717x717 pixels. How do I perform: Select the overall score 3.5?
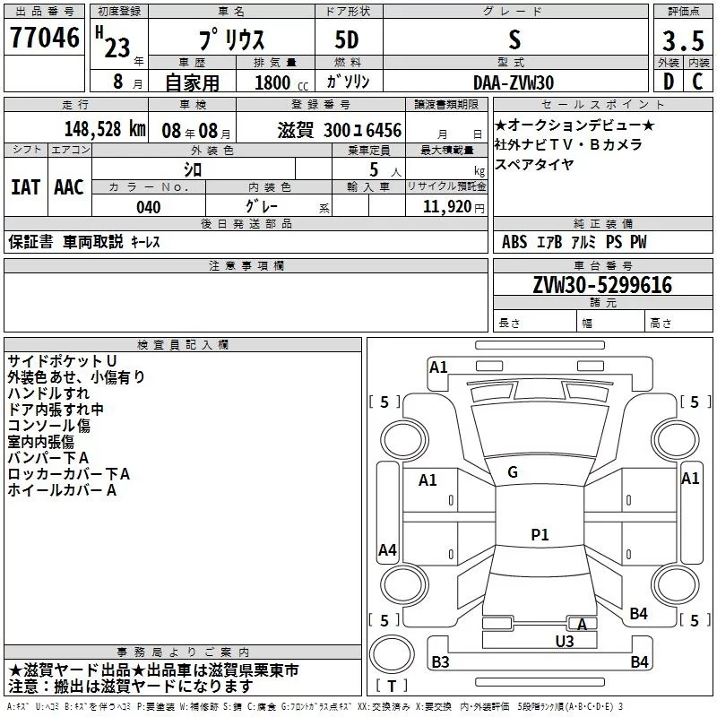point(682,40)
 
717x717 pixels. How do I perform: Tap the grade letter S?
point(514,39)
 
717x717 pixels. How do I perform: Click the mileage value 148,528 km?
point(106,129)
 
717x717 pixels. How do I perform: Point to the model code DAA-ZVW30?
point(514,82)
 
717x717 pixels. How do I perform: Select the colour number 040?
point(149,207)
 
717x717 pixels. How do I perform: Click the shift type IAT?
point(25,186)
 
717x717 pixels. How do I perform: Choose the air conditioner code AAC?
point(69,186)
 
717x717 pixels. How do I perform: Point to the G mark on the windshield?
point(513,472)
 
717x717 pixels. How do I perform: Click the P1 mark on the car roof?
point(540,535)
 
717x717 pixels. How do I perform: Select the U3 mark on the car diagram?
point(565,641)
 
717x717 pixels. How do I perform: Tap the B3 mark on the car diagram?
point(440,662)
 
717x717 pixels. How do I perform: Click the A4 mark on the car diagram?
point(387,550)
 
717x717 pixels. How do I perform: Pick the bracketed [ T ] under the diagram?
point(392,687)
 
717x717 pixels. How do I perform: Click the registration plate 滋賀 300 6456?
point(339,129)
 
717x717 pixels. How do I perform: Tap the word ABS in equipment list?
point(514,242)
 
